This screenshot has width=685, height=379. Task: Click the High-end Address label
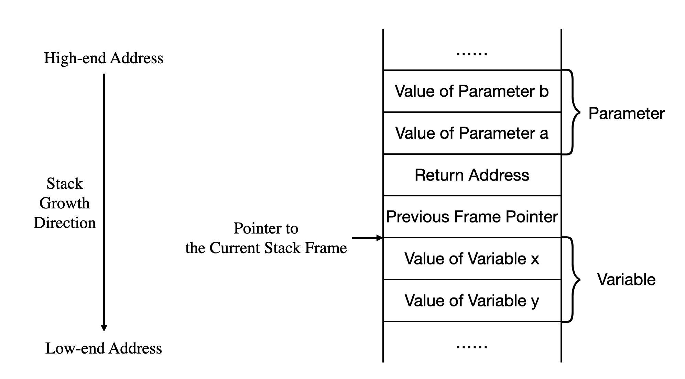point(104,58)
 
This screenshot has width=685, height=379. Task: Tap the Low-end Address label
point(104,348)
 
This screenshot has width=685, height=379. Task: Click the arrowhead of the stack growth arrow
point(104,328)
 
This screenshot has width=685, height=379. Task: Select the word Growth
point(65,203)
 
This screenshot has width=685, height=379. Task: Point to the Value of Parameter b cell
point(472,91)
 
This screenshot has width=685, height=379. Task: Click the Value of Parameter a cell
point(472,133)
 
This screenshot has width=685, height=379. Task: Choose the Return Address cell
point(472,175)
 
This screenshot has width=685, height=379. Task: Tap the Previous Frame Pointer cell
point(472,217)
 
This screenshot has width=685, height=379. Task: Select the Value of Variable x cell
point(472,259)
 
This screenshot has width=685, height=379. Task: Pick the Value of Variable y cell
point(472,301)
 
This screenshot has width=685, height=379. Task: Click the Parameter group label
point(626,113)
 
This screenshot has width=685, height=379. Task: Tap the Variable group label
point(626,279)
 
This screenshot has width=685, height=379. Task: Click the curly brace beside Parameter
point(573,112)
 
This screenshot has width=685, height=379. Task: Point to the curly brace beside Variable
point(573,279)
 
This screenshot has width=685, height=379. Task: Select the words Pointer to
point(266,228)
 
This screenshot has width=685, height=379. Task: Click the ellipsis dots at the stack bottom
point(472,347)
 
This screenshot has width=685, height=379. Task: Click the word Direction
point(65,223)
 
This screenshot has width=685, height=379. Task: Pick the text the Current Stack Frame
point(266,248)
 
